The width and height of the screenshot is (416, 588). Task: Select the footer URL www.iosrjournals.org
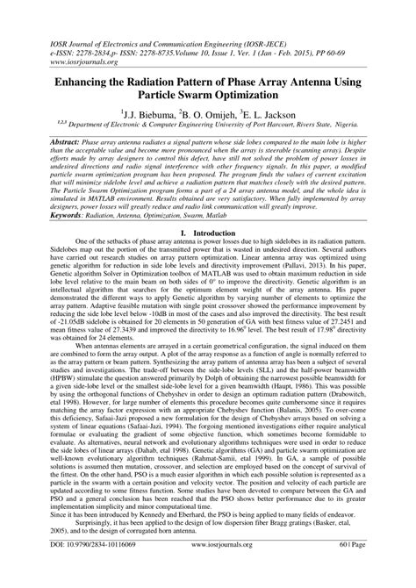tap(211, 569)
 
